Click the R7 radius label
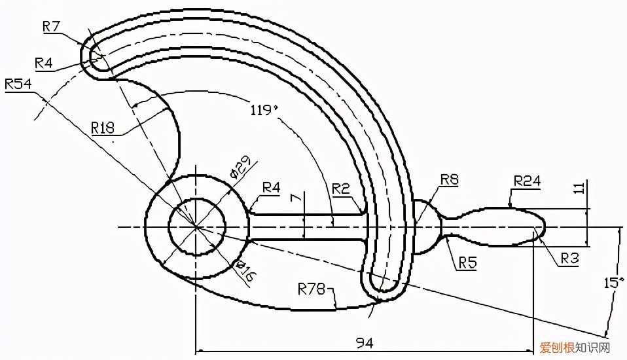(x=51, y=26)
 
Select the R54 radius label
(x=18, y=84)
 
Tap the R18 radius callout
(x=103, y=128)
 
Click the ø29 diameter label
(x=240, y=167)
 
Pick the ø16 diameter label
(x=245, y=271)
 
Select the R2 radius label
(x=341, y=189)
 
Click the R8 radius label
(x=450, y=179)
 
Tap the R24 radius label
(x=527, y=181)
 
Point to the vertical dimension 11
(x=581, y=187)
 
